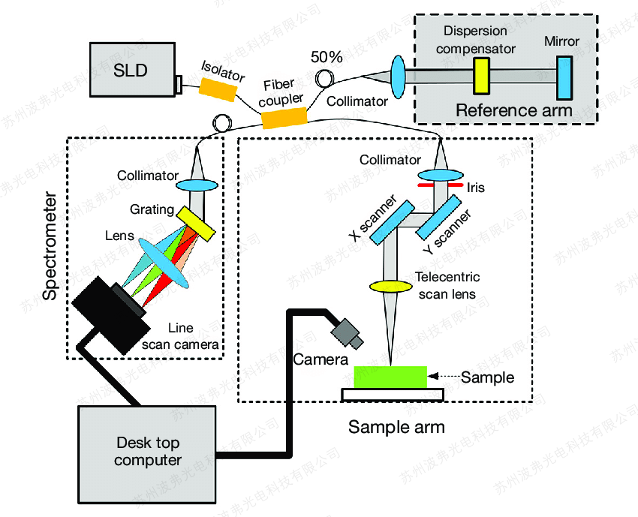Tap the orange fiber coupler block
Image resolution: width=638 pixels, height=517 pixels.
(284, 119)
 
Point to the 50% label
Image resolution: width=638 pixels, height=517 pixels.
(327, 57)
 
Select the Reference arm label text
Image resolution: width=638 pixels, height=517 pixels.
(513, 110)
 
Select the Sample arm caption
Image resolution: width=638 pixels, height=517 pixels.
(396, 428)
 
